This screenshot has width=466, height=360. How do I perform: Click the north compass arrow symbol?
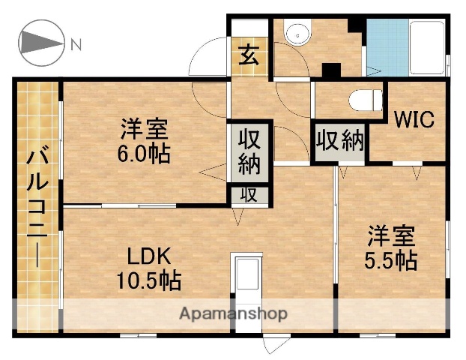coord(41,45)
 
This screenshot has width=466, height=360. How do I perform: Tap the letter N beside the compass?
coord(76,45)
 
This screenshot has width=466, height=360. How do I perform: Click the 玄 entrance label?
coord(249,56)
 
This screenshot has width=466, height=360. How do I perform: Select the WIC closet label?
coord(414,120)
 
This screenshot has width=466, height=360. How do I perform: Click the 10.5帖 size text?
coord(148,281)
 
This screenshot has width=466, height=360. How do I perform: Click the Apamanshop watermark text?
coord(232,312)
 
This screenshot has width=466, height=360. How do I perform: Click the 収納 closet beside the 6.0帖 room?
coord(249,152)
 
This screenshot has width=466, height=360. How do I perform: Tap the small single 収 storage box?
coord(249,195)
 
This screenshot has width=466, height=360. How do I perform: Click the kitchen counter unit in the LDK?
coord(247,281)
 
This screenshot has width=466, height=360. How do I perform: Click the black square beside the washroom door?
coord(330,70)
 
